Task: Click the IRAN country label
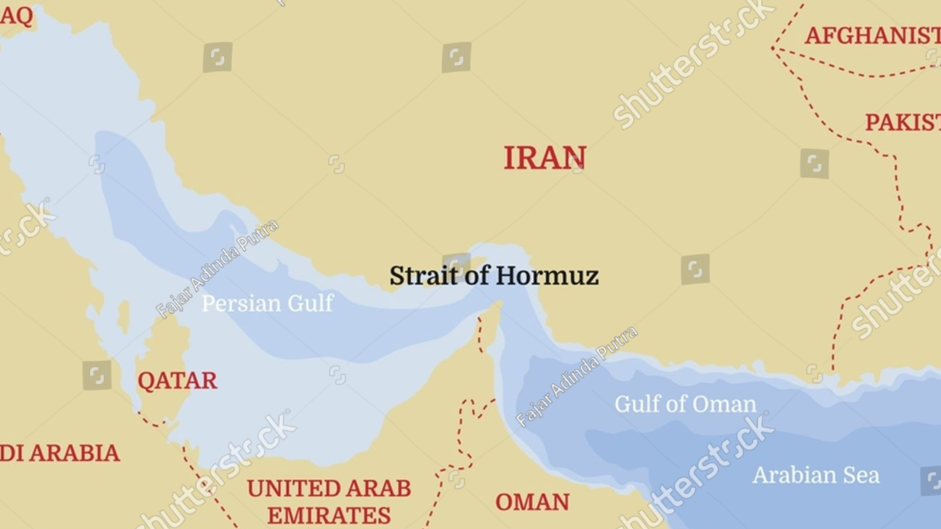coord(545,158)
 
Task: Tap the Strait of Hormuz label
coord(494,276)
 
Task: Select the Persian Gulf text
coord(268,303)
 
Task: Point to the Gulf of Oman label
coord(685,404)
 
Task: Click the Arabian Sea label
coord(816,475)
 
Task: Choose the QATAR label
coord(177,381)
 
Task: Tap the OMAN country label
coord(532,502)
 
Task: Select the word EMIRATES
coord(329,516)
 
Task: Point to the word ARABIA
coord(74,453)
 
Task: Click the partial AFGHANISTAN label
coord(872,36)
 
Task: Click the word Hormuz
coord(547,276)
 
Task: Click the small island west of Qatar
coord(124,316)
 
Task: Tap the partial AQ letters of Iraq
coord(16,16)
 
